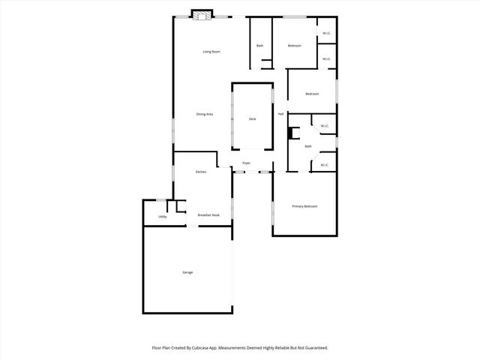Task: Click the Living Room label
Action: click(x=211, y=52)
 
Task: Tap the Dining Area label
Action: click(x=205, y=114)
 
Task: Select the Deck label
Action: click(x=252, y=119)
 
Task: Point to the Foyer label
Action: click(x=245, y=163)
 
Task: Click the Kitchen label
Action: click(x=201, y=172)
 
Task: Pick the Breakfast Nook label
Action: click(x=208, y=215)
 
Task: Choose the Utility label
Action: click(x=162, y=217)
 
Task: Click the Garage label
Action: click(x=187, y=271)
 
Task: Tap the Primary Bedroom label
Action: click(x=305, y=206)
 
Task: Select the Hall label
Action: click(x=280, y=114)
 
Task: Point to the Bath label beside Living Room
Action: click(x=260, y=46)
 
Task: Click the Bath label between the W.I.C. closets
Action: click(x=307, y=145)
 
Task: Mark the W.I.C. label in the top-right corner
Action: click(x=327, y=33)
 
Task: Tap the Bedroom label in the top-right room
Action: click(x=295, y=46)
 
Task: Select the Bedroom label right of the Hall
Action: click(x=312, y=94)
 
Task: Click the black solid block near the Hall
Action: click(x=293, y=134)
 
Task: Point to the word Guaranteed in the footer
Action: click(x=313, y=347)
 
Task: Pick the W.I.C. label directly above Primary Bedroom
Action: click(x=325, y=165)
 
